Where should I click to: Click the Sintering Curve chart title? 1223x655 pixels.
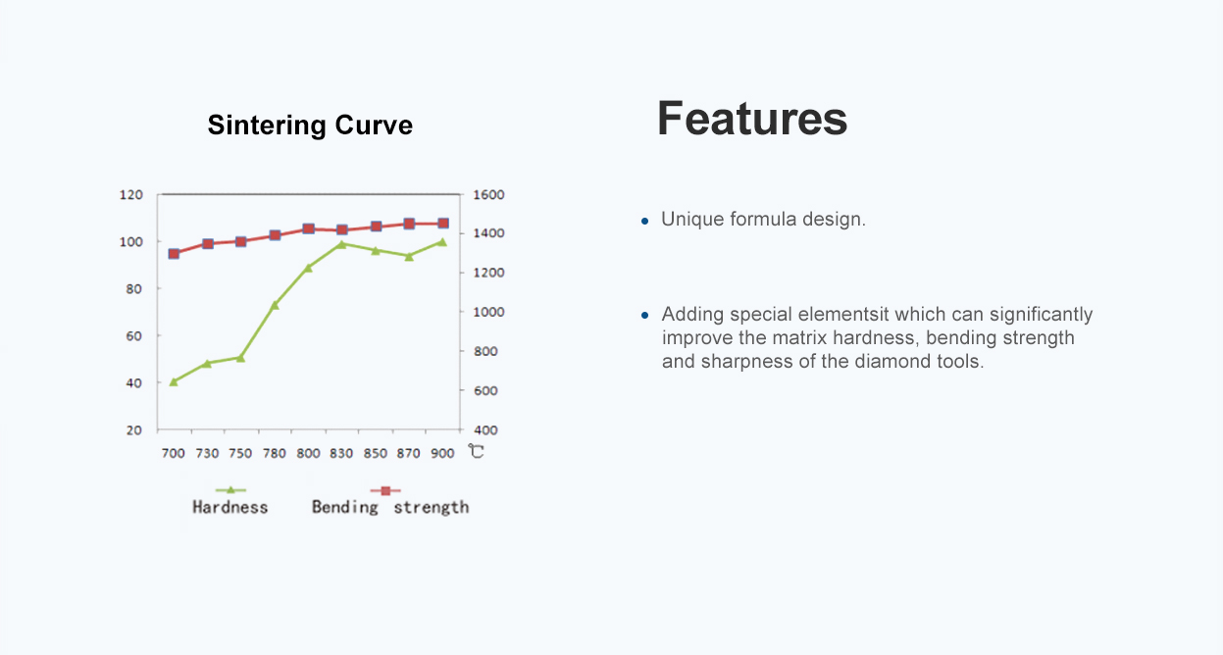[310, 126]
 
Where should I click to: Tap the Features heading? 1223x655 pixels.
[752, 119]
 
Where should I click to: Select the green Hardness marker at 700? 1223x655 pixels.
[174, 382]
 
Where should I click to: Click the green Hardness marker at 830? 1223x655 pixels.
[341, 244]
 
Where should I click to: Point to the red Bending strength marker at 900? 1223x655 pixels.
[443, 224]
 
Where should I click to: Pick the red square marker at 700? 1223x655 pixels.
[174, 254]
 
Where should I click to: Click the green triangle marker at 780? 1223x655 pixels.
[275, 305]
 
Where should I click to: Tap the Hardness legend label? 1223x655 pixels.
[229, 508]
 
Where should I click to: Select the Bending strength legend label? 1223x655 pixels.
[389, 508]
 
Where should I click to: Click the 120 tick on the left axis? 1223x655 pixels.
[131, 195]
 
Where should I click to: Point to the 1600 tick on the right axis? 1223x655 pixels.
[488, 195]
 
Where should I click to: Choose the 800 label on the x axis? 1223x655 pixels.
[308, 454]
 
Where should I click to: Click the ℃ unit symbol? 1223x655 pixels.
[476, 451]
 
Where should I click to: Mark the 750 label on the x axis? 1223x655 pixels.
[240, 454]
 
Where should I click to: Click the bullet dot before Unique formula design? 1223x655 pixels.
[644, 221]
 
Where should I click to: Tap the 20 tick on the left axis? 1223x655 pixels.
[134, 430]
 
